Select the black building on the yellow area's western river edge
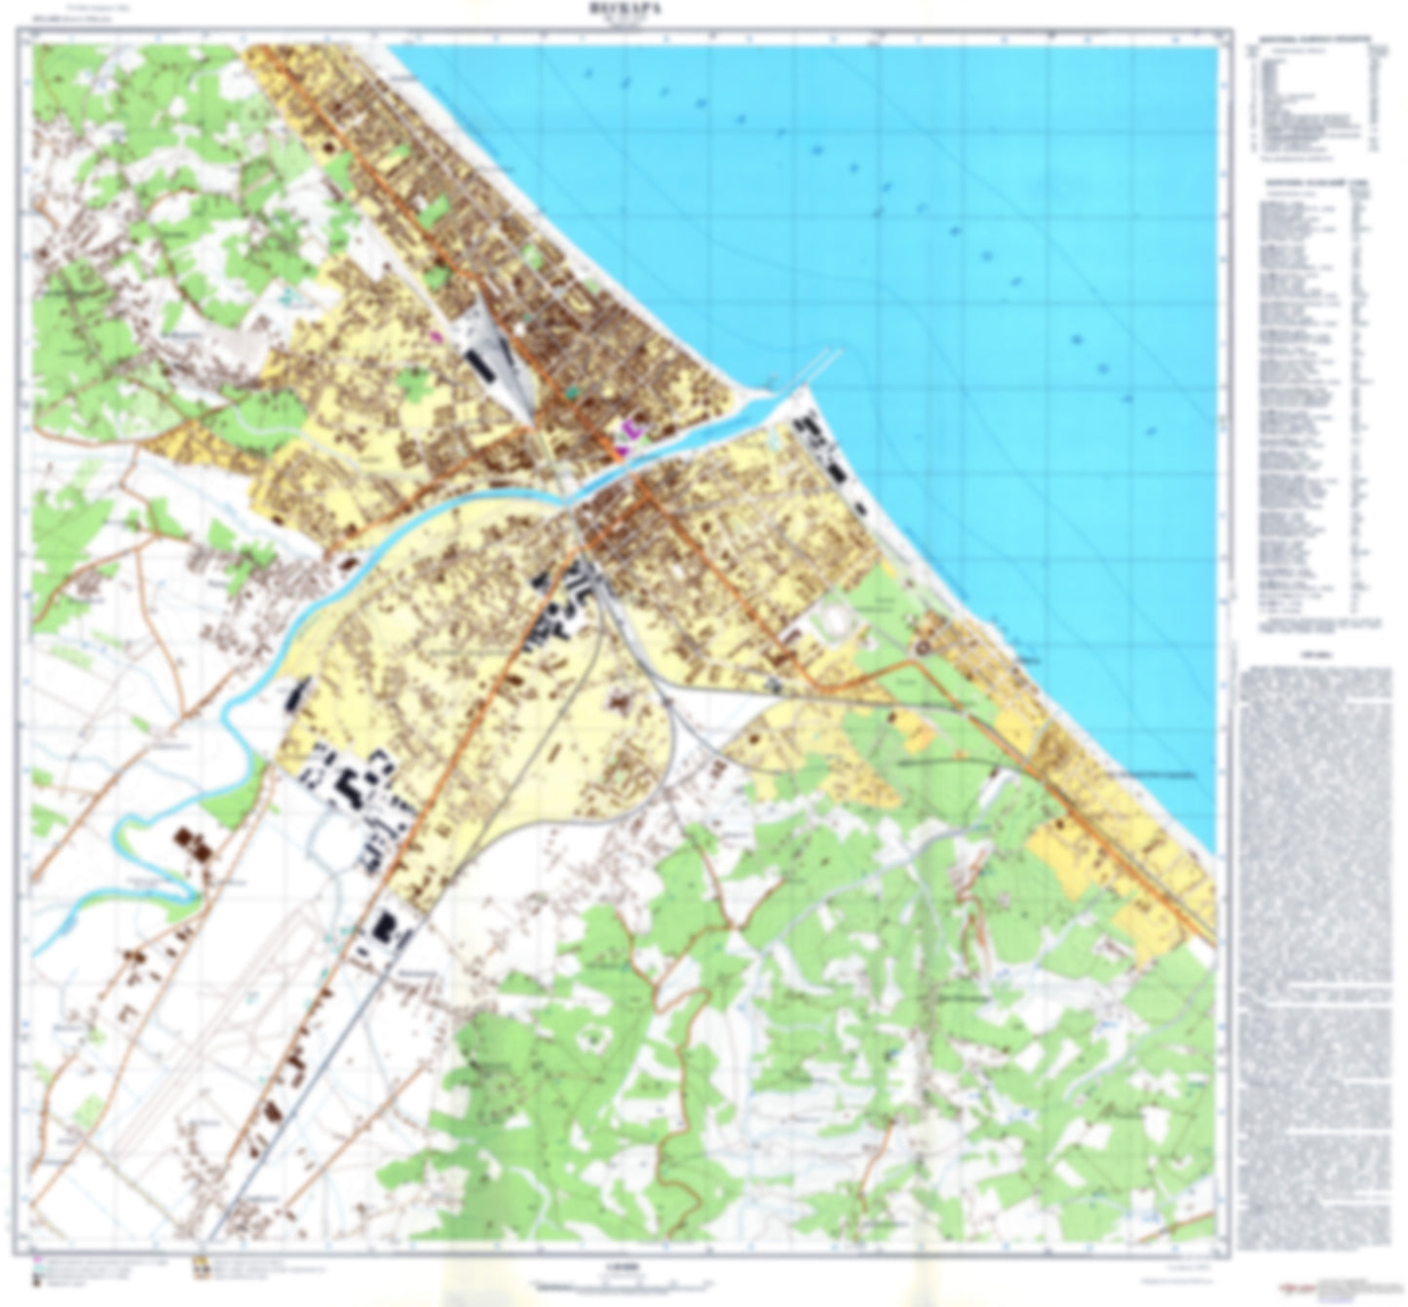[x=297, y=694]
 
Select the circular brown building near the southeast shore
[x=920, y=644]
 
